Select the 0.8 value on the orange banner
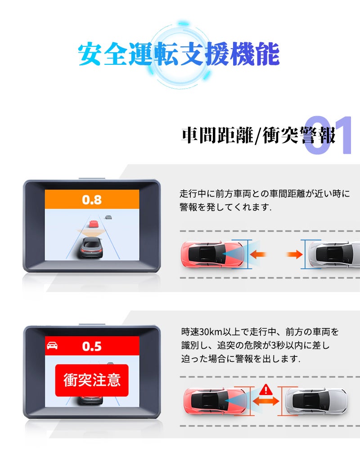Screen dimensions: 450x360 [92, 199]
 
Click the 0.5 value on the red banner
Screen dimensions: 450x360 [92, 346]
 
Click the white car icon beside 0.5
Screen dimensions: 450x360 [52, 346]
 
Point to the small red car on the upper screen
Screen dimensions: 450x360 [93, 224]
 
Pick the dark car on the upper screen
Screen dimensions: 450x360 [92, 247]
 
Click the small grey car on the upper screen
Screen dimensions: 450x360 [108, 217]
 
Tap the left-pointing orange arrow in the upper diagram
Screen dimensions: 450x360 [258, 254]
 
